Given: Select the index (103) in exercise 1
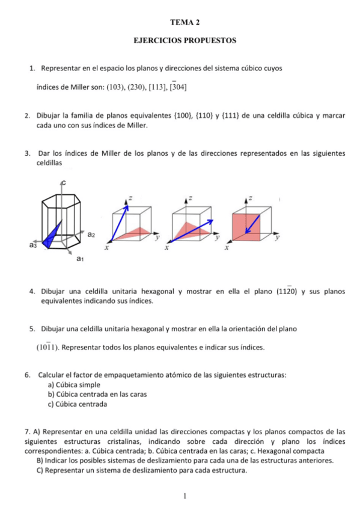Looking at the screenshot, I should pos(115,87).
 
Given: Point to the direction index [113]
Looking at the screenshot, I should pos(155,87).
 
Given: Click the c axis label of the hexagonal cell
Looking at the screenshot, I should pos(62,182).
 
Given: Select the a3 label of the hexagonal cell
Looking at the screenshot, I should pos(32,245).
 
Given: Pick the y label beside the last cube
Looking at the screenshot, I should pos(277,238).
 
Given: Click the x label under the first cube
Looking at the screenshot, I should pos(107,247).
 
